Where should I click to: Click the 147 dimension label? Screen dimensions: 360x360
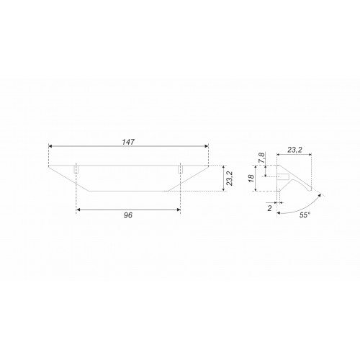coord(128,142)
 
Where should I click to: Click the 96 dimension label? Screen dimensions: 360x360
coord(128,215)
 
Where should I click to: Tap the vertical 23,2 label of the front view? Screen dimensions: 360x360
coord(230,179)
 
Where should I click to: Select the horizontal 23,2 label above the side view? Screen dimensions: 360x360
coord(294,150)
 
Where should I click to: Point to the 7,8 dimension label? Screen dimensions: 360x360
coord(261,158)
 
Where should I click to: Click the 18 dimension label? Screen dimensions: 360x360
coord(251,179)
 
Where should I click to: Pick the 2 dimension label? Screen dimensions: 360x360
coord(270,208)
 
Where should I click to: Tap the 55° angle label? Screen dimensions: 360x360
coord(305,215)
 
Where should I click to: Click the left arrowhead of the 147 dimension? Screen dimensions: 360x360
coord(50,146)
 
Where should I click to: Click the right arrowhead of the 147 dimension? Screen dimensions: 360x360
coord(207,146)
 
